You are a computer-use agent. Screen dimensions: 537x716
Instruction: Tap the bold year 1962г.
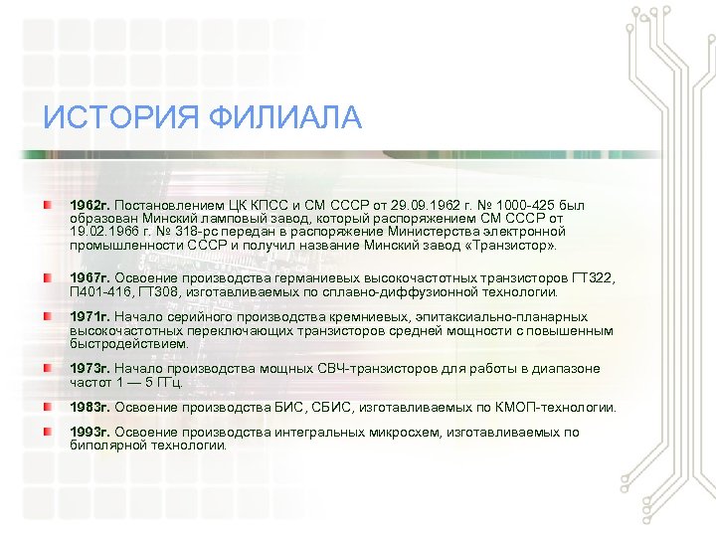tap(89, 205)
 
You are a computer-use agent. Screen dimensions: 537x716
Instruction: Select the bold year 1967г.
tap(89, 277)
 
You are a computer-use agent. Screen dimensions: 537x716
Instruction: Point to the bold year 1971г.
tap(89, 317)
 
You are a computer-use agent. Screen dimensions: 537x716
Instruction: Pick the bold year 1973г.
tap(89, 369)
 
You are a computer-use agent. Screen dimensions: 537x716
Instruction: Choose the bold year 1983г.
tap(89, 408)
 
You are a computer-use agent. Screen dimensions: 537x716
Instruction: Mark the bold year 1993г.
tap(89, 433)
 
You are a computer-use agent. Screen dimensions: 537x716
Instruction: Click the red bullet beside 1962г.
tap(49, 205)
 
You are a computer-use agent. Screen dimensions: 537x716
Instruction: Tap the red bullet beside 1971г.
tap(49, 317)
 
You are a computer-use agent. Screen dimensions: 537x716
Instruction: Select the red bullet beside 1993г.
tap(49, 433)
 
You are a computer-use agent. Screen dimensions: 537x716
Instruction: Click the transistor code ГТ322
tap(589, 277)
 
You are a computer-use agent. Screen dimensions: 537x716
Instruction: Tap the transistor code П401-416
tap(100, 291)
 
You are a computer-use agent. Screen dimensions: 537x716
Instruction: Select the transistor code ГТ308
tap(164, 291)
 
